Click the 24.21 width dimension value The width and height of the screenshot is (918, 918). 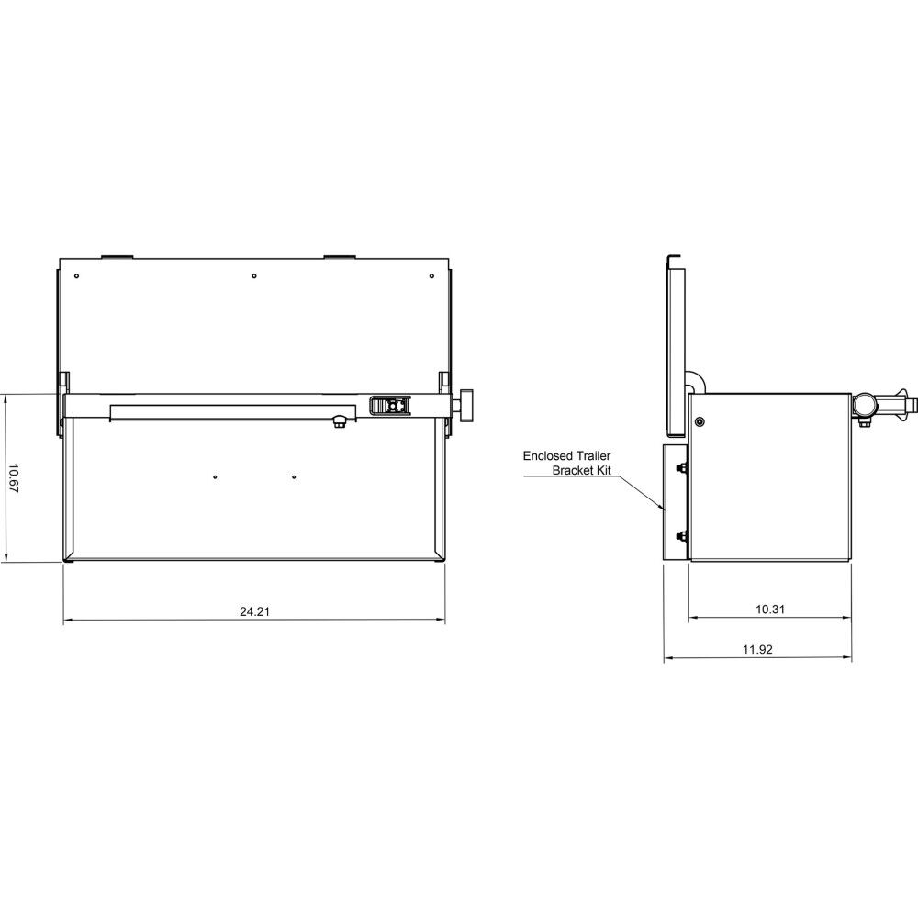[254, 611]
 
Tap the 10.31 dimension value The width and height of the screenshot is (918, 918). [768, 609]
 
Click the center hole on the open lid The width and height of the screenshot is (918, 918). [253, 275]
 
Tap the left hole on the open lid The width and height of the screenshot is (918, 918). [78, 275]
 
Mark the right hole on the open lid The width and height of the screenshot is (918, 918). [430, 275]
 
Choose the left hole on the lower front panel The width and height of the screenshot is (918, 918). [214, 476]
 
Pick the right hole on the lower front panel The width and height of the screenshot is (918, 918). [294, 476]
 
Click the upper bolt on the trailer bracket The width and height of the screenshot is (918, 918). [679, 470]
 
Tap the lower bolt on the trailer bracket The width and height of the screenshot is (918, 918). [679, 535]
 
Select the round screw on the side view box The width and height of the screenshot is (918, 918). [700, 421]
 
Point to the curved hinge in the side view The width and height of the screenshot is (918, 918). [694, 380]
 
